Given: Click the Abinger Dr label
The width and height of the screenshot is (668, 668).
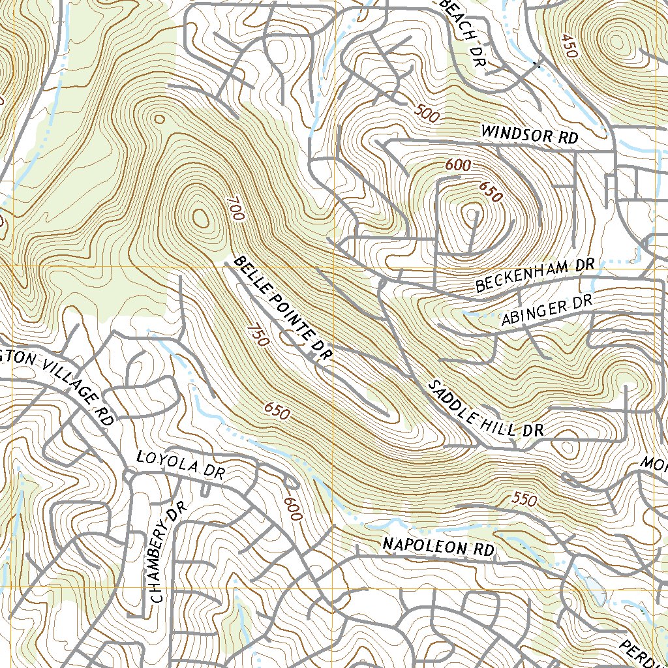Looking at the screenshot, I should (x=546, y=312).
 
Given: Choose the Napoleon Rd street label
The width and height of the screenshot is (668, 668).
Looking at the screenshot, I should (x=438, y=547).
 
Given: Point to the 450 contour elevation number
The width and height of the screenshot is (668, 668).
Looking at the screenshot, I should (x=568, y=46).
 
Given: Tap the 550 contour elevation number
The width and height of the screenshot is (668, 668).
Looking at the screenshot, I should (x=524, y=500).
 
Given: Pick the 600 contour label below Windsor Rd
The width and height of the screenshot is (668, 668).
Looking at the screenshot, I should (x=457, y=166).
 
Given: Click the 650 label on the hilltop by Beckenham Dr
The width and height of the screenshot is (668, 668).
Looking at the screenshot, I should (x=491, y=191).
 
